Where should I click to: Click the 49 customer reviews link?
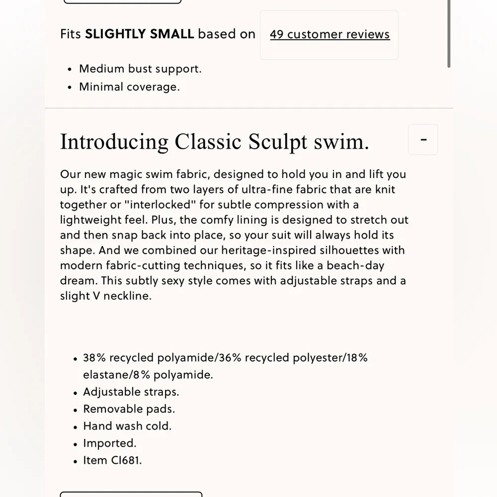[x=330, y=34]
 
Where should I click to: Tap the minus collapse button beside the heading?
[x=423, y=140]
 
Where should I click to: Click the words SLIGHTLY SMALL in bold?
[x=140, y=34]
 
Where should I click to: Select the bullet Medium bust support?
[x=140, y=69]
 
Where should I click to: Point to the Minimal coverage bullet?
[x=129, y=86]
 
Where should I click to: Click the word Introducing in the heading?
[x=114, y=142]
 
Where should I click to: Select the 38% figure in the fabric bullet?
[x=94, y=358]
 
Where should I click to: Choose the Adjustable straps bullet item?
[x=131, y=392]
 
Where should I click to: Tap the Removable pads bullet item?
[x=129, y=409]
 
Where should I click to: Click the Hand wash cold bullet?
[x=127, y=426]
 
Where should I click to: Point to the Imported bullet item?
[x=109, y=443]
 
